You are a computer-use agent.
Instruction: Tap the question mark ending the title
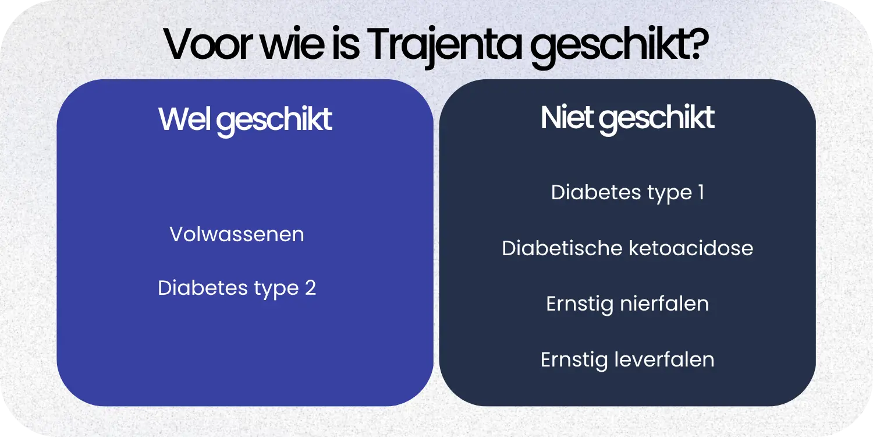click(695, 44)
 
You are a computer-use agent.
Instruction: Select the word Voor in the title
click(201, 44)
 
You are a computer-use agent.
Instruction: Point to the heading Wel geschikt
click(245, 119)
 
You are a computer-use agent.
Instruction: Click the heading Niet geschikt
click(627, 118)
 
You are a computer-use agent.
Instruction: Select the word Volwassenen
click(237, 234)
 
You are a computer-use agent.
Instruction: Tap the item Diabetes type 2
click(237, 288)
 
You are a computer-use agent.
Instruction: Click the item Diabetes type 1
click(627, 193)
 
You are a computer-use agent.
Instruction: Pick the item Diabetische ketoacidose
click(627, 248)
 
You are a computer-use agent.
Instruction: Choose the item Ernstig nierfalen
click(627, 304)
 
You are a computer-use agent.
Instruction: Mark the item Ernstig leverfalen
click(627, 360)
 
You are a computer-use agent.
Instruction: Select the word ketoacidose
click(691, 248)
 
